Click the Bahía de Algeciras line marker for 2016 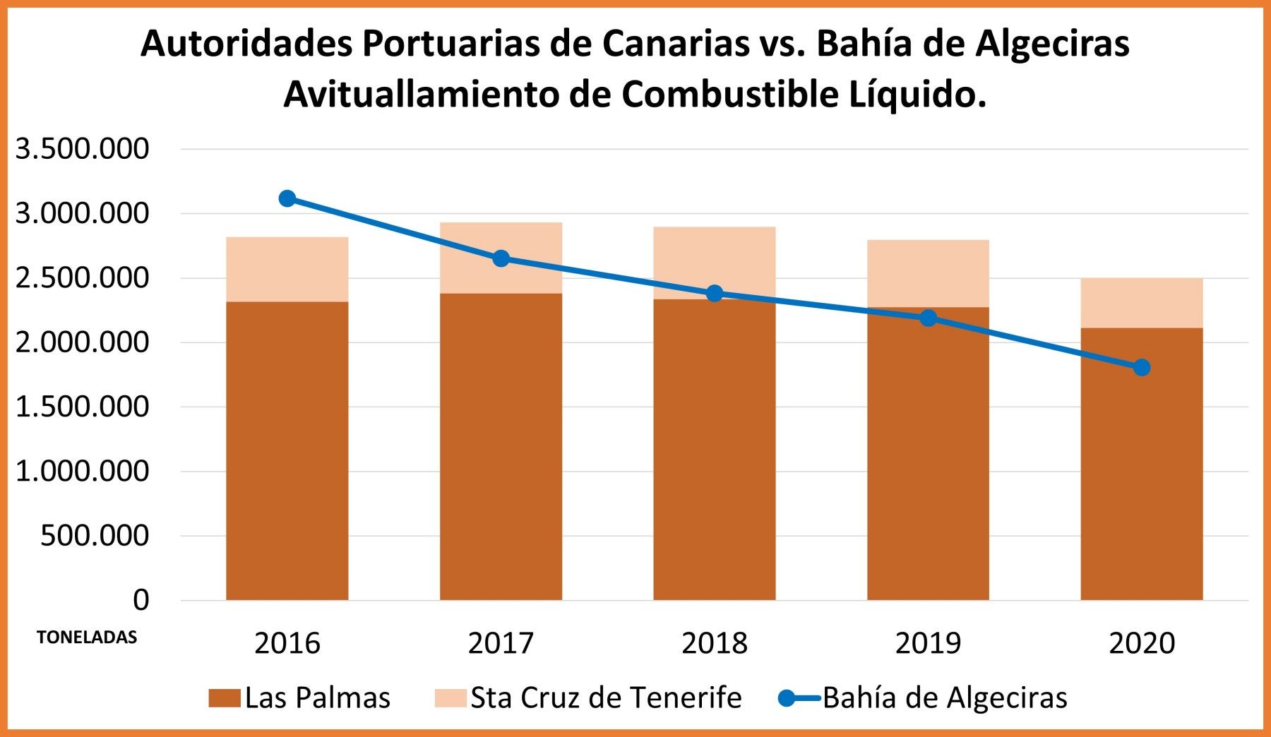coord(287,198)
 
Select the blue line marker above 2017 coord(501,258)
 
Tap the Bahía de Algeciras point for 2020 coord(1142,368)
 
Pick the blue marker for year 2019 coord(929,318)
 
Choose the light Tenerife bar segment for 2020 coord(1142,303)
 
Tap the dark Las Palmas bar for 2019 coord(929,459)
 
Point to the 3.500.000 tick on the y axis coord(83,149)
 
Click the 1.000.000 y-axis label coord(83,471)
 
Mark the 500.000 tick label coord(95,536)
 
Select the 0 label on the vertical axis coord(141,600)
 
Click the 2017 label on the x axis coord(501,643)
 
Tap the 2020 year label coord(1142,643)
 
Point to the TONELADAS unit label coord(87,637)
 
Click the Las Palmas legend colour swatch coord(225,698)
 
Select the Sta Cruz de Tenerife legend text coord(606,698)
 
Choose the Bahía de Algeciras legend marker coord(788,698)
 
